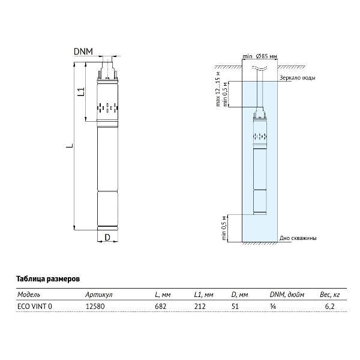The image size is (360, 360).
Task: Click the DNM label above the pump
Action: point(83,52)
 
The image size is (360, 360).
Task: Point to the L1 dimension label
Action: point(81,92)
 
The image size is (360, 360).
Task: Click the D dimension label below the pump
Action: point(107,238)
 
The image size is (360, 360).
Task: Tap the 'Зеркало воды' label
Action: point(298,78)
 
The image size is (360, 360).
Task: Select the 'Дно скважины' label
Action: point(298,238)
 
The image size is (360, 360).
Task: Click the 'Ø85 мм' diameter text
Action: point(266,56)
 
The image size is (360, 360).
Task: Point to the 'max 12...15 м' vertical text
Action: point(218,89)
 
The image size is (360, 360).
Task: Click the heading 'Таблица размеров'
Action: point(48,279)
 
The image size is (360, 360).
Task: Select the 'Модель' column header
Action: point(29,295)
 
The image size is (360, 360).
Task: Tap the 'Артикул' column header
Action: point(99,295)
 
